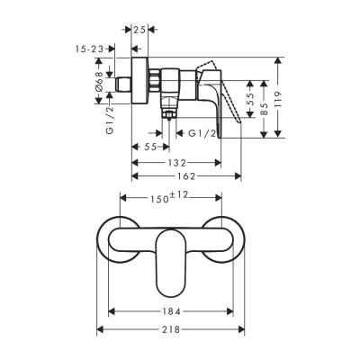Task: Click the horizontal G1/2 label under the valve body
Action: point(202,134)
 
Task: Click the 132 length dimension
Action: point(175,163)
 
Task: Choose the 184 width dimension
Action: point(171,311)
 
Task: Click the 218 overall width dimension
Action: point(170,328)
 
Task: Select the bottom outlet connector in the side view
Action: point(167,115)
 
